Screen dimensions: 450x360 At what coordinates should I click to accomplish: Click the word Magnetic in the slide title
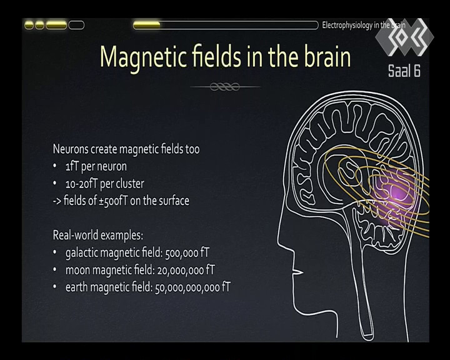point(142,57)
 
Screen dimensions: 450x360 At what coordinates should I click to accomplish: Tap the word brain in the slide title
point(327,56)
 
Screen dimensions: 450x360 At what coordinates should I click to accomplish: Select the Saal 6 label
point(404,71)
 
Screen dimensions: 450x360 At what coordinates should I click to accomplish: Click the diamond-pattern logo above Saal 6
point(404,37)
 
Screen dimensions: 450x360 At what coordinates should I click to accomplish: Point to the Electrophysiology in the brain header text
point(364,25)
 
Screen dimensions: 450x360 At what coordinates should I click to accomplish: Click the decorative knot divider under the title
point(225,86)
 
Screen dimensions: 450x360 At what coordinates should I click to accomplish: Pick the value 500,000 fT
point(187,253)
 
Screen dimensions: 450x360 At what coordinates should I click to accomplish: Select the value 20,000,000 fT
point(186,270)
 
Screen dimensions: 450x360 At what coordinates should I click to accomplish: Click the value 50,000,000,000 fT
point(192,287)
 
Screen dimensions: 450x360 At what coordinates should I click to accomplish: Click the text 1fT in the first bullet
point(72,166)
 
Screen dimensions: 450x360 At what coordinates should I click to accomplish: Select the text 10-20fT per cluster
point(105,184)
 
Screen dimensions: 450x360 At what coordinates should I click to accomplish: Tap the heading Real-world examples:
point(98,236)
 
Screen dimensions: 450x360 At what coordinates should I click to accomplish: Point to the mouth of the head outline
point(297,271)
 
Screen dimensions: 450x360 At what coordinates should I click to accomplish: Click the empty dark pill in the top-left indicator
point(76,25)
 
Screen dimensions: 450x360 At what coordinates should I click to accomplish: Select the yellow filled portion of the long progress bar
point(147,25)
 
